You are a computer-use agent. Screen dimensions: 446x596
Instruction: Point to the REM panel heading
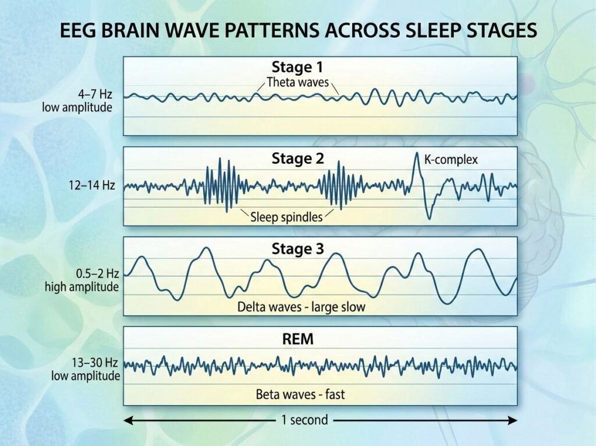click(297, 339)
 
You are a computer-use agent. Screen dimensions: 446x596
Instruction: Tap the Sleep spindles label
click(286, 217)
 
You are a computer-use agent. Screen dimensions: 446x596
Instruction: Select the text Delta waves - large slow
click(301, 306)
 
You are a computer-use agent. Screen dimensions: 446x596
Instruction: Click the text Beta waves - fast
click(300, 395)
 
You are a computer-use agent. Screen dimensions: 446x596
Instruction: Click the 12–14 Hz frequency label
click(91, 186)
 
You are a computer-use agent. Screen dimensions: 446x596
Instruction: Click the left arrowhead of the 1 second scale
click(128, 420)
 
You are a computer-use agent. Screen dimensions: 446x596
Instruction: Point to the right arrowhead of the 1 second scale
click(513, 420)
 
